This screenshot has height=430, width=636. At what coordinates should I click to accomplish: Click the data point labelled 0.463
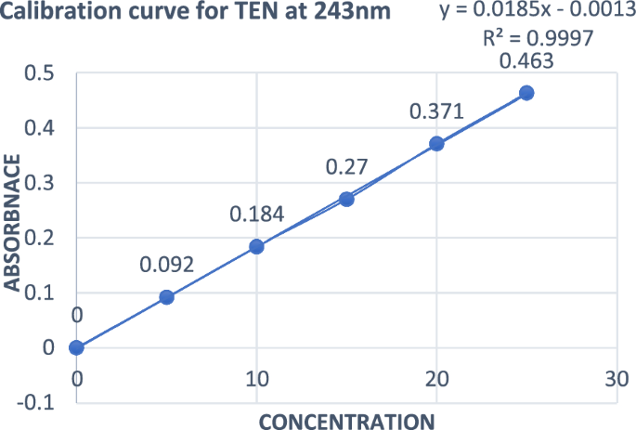pos(526,93)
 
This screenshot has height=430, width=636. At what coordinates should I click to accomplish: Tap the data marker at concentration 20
pos(436,144)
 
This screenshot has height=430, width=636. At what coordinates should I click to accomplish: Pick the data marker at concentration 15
pos(346,199)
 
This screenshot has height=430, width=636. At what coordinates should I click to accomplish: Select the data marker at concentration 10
pos(257,247)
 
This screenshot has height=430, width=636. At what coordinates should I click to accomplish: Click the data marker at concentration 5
pos(167,297)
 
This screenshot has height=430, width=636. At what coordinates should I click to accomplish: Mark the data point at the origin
pos(77,347)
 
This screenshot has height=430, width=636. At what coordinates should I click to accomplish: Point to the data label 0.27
pos(346,167)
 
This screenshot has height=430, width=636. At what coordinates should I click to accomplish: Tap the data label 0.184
pos(257,215)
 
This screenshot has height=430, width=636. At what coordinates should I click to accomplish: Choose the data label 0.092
pos(167,265)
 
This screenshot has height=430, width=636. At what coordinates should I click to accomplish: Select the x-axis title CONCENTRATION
pos(344,421)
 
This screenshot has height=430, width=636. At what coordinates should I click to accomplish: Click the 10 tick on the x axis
pos(257,378)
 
